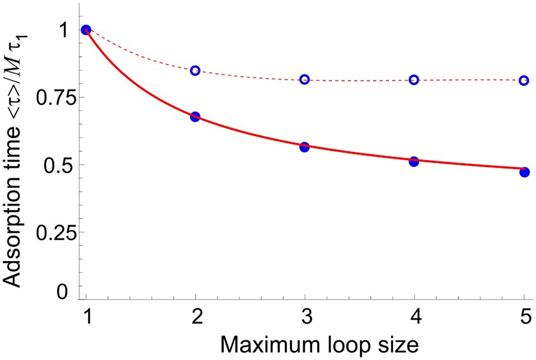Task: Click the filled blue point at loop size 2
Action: coord(195,117)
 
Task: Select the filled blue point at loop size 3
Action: coord(305,147)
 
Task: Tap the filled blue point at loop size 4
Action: coord(414,161)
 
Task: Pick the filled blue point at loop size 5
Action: coord(524,172)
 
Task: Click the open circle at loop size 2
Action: coord(195,70)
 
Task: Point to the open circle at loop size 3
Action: coord(305,79)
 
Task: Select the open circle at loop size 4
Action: coord(414,80)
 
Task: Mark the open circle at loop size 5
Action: coord(524,81)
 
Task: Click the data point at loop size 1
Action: coord(86,30)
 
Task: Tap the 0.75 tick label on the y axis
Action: coord(54,97)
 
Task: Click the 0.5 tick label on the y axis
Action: coord(59,165)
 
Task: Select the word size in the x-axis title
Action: coord(395,344)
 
